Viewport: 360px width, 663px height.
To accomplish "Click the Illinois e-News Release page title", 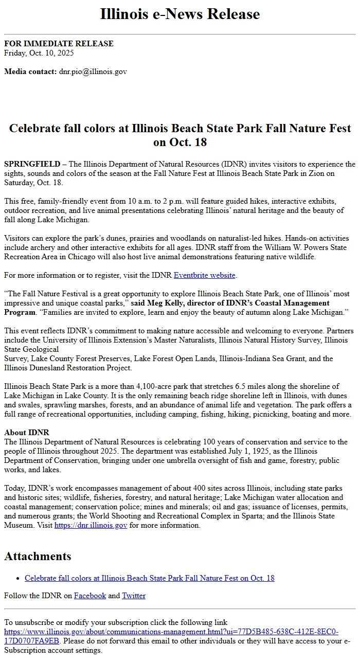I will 180,14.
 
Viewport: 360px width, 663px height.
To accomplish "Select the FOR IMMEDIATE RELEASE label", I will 59,44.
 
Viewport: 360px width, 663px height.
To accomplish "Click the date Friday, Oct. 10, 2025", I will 39,53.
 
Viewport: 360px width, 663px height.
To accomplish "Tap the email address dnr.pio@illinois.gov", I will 93,71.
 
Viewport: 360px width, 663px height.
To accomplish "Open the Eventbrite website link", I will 205,275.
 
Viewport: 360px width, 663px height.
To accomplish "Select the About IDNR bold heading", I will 27,433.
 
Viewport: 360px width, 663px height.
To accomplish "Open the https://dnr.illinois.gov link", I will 91,525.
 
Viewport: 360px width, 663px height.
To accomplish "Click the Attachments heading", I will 38,556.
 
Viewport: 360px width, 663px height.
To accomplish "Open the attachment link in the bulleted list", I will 149,578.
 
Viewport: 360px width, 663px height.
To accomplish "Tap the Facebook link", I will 90,596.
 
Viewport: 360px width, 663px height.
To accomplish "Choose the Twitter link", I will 134,596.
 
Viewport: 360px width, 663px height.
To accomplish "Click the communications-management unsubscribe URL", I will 171,632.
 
